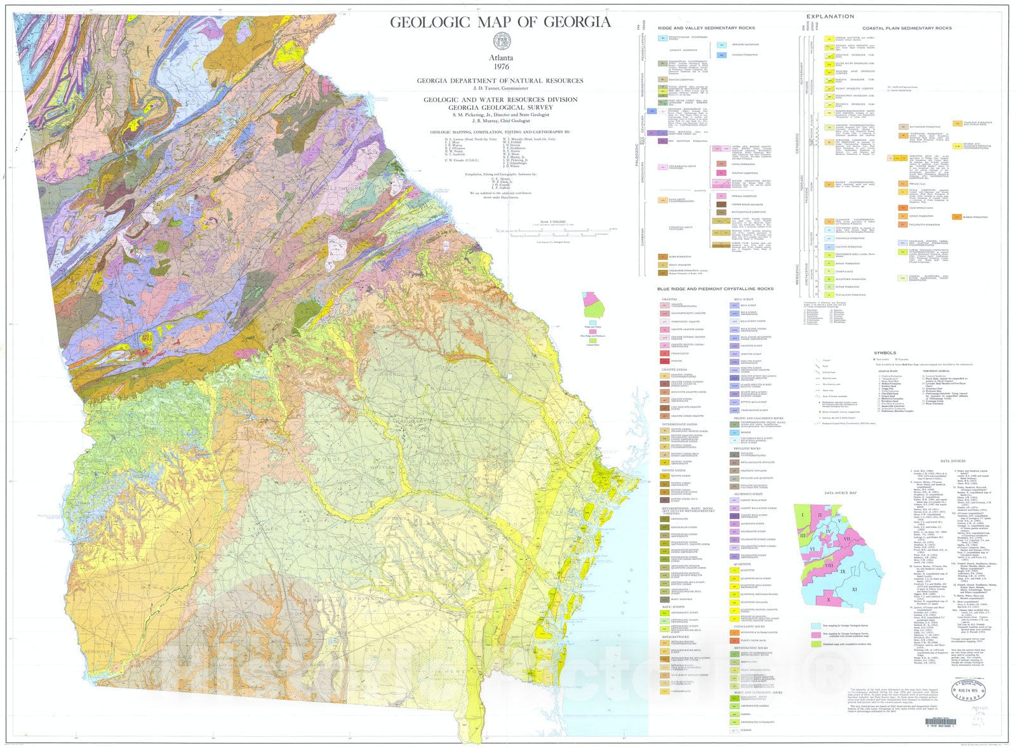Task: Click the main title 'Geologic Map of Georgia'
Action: pyautogui.click(x=500, y=22)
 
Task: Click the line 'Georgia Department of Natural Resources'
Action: pyautogui.click(x=500, y=81)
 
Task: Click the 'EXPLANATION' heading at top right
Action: pyautogui.click(x=830, y=17)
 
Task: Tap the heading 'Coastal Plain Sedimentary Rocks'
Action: pyautogui.click(x=907, y=29)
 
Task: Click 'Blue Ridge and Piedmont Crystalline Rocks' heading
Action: pyautogui.click(x=715, y=289)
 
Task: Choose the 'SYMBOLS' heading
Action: pyautogui.click(x=885, y=352)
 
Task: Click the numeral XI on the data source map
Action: pyautogui.click(x=854, y=589)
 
